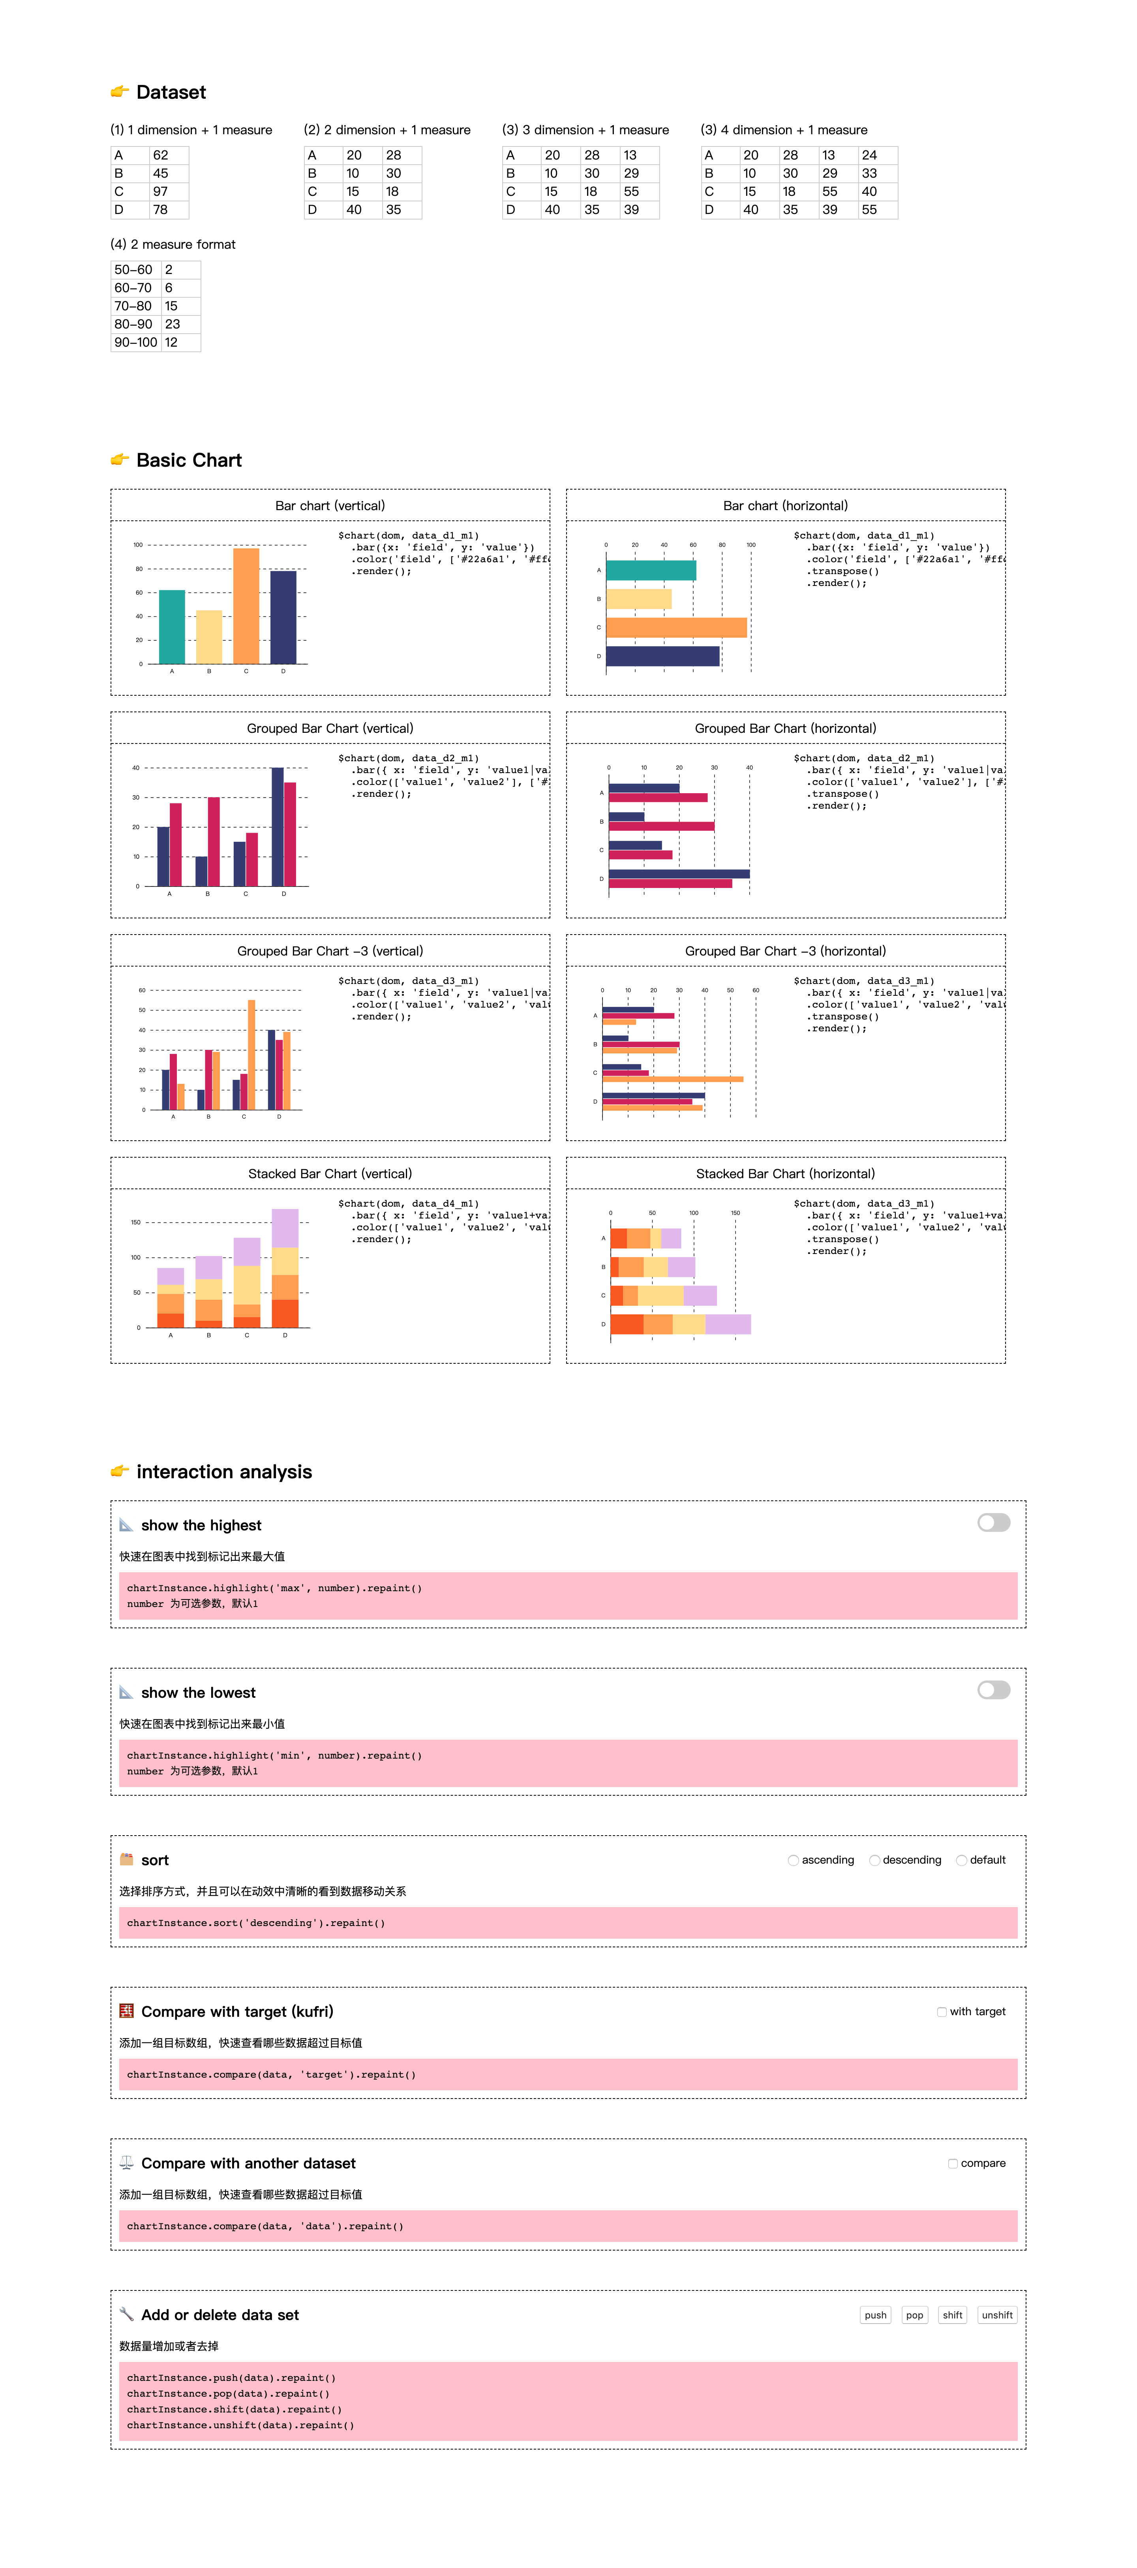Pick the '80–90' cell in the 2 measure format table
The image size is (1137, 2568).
(x=133, y=324)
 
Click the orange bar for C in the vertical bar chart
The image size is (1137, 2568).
(x=246, y=605)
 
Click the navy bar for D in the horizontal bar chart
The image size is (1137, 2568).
(x=662, y=656)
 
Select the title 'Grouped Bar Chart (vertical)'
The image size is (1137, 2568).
(x=330, y=728)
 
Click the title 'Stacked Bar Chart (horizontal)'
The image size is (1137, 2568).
(x=785, y=1173)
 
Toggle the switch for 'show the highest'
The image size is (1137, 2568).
(x=994, y=1522)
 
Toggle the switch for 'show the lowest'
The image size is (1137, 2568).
(x=994, y=1690)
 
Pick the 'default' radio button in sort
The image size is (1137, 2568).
(x=962, y=1860)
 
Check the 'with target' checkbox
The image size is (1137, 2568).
(x=942, y=2012)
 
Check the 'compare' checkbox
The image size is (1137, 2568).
(x=953, y=2163)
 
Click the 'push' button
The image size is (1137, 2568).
(x=875, y=2315)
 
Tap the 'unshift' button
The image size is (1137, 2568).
(x=996, y=2315)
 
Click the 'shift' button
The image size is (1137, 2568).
(x=953, y=2315)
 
